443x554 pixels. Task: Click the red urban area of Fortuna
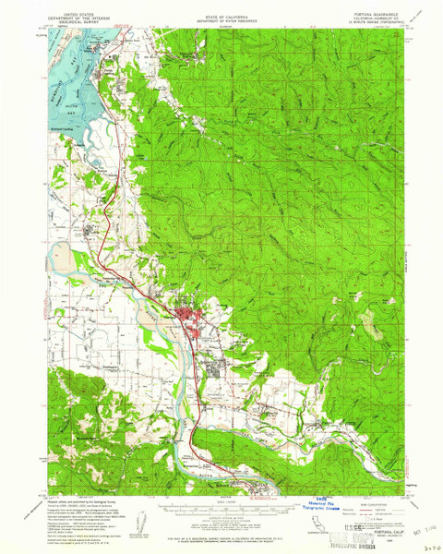coord(195,323)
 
